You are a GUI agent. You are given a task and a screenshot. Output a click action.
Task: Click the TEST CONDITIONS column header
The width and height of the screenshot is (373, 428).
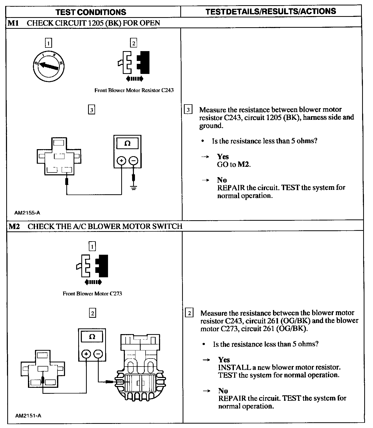pyautogui.click(x=91, y=12)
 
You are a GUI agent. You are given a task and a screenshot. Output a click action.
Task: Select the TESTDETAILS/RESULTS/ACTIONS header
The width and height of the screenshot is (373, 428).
pyautogui.click(x=271, y=11)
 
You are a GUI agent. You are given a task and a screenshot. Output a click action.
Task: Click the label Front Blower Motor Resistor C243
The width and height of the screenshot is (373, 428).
pyautogui.click(x=134, y=90)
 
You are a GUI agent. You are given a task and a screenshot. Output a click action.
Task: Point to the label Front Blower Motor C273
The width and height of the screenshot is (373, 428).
pyautogui.click(x=92, y=294)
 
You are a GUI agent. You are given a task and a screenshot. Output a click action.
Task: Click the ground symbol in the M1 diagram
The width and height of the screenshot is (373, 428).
pyautogui.click(x=134, y=188)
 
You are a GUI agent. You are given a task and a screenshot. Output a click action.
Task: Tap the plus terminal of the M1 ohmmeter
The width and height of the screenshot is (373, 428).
pyautogui.click(x=121, y=161)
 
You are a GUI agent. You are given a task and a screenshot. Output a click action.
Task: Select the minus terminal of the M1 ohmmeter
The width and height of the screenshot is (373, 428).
pyautogui.click(x=133, y=161)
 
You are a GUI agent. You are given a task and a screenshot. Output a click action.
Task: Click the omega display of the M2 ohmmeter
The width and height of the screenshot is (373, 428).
pyautogui.click(x=92, y=337)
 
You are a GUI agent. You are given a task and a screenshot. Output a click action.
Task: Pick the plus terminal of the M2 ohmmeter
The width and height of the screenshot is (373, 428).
pyautogui.click(x=86, y=354)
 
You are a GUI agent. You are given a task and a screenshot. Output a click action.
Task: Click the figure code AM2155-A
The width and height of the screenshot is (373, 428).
pyautogui.click(x=27, y=213)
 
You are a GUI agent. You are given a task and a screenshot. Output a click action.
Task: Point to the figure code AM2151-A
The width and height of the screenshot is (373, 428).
pyautogui.click(x=28, y=416)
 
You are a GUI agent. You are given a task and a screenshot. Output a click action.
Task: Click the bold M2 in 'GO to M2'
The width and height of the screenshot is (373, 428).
pyautogui.click(x=244, y=164)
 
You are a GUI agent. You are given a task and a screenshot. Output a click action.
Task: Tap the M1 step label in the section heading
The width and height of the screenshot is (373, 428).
pyautogui.click(x=13, y=23)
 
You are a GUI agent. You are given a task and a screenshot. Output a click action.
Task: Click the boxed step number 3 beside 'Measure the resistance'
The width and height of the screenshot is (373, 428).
pyautogui.click(x=188, y=110)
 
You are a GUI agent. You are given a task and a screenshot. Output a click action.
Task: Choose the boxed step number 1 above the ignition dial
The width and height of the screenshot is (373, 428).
pyautogui.click(x=48, y=43)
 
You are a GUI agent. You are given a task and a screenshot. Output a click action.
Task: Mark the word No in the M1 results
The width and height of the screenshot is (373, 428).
pyautogui.click(x=222, y=180)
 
